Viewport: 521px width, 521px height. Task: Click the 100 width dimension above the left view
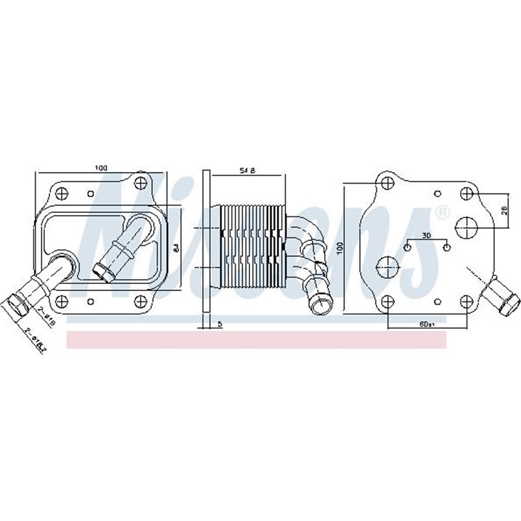pyautogui.click(x=100, y=168)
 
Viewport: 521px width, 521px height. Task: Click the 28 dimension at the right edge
pyautogui.click(x=505, y=210)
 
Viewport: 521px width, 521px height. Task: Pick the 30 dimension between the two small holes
pyautogui.click(x=426, y=235)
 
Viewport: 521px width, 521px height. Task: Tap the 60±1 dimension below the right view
pyautogui.click(x=428, y=324)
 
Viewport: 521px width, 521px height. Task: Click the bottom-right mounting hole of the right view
pyautogui.click(x=466, y=300)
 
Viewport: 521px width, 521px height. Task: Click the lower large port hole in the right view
pyautogui.click(x=387, y=266)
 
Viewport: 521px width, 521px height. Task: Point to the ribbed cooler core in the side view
pyautogui.click(x=253, y=247)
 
